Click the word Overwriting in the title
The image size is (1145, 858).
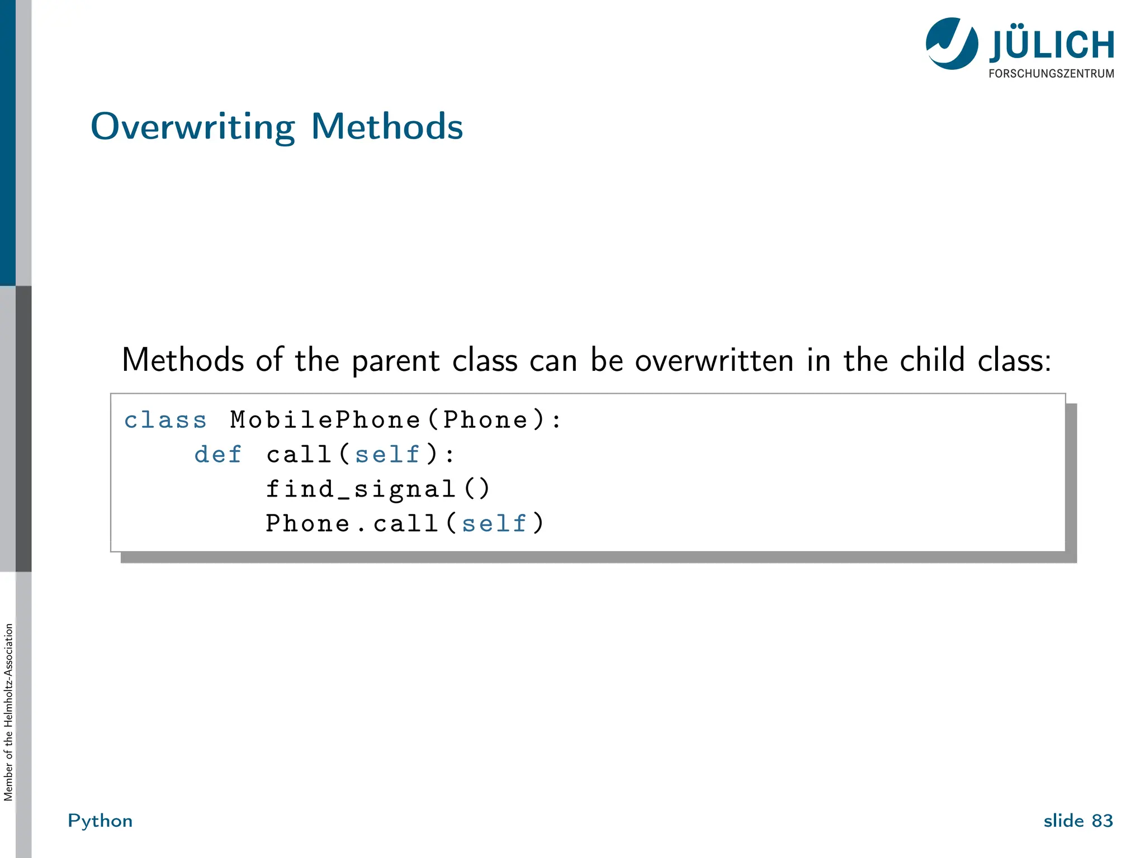[x=192, y=127]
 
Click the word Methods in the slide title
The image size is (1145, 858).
[x=387, y=126]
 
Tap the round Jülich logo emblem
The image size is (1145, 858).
[x=952, y=44]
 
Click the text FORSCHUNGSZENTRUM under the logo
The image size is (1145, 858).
[x=1051, y=74]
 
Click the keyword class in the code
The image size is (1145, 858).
[x=165, y=420]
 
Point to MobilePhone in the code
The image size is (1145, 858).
[x=325, y=420]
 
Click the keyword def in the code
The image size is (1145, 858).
[x=218, y=455]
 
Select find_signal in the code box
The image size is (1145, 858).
[x=361, y=489]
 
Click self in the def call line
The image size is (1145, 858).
[x=387, y=455]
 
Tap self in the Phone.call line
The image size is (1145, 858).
[x=494, y=524]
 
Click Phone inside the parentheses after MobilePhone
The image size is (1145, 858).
[x=485, y=420]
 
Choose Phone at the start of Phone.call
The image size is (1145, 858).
[x=307, y=524]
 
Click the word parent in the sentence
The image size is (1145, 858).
[x=395, y=361]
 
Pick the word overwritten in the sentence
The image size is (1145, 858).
[x=714, y=360]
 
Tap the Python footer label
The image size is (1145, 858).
[x=100, y=821]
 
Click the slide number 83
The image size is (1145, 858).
[x=1102, y=821]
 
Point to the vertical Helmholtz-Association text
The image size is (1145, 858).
[x=8, y=712]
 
